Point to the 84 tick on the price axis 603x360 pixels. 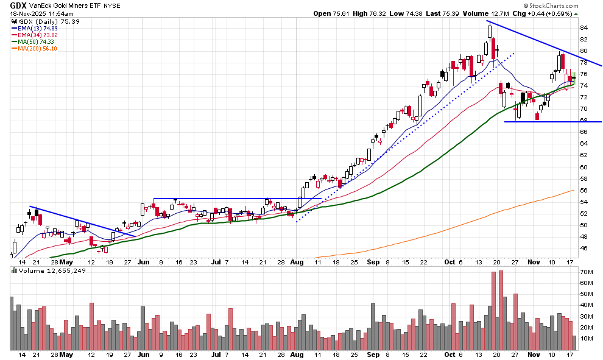[583, 27]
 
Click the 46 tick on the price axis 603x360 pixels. [583, 249]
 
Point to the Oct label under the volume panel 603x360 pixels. [450, 355]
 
